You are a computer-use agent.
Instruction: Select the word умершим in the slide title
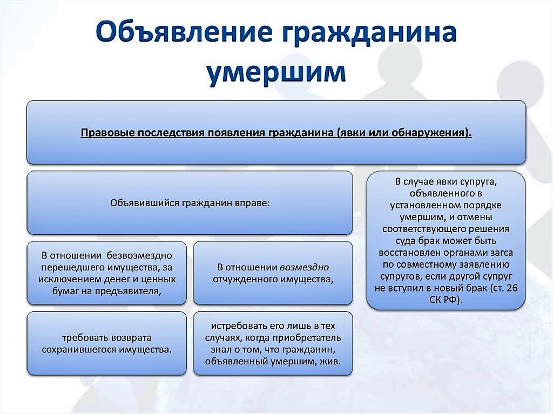click(x=276, y=71)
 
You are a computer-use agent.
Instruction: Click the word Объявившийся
click(x=144, y=203)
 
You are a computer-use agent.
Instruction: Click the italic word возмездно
click(x=304, y=267)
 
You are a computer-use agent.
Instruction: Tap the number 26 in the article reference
click(x=512, y=288)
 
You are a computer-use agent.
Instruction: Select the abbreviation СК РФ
click(x=444, y=300)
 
